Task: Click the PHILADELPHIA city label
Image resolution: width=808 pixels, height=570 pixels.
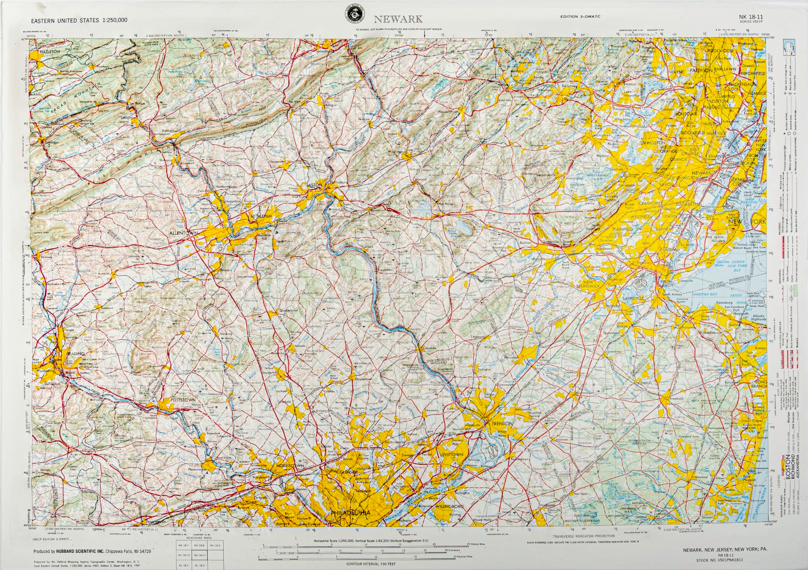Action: pos(351,512)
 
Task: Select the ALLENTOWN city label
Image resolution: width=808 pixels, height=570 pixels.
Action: pos(184,234)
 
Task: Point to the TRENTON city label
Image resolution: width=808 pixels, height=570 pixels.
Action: pos(500,423)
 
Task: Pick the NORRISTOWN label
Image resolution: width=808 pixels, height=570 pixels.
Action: pos(290,466)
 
